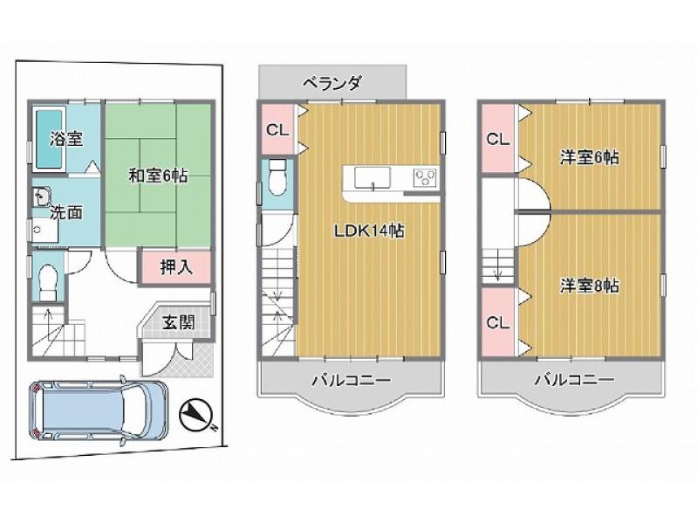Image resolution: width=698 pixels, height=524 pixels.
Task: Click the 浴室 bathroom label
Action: point(66,139)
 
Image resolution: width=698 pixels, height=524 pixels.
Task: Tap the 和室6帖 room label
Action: point(158,176)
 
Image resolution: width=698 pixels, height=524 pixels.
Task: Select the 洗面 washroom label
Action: point(66,212)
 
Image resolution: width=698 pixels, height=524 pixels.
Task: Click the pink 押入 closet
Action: point(176,267)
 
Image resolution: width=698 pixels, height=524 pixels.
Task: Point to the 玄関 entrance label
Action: point(178,322)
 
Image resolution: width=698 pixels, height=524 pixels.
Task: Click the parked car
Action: point(99,410)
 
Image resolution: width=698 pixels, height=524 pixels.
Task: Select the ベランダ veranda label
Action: point(332,83)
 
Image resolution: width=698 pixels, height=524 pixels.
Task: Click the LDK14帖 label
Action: point(369,231)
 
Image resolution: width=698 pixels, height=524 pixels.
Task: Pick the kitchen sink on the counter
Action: point(373,179)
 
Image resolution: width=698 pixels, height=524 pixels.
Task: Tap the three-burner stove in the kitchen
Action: point(426,178)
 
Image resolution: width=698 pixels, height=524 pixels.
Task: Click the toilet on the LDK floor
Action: point(277,177)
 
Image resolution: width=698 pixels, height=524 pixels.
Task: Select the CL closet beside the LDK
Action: point(277,129)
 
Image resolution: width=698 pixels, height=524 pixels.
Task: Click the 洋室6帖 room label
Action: point(589,157)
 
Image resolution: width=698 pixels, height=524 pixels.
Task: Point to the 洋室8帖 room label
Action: point(589,286)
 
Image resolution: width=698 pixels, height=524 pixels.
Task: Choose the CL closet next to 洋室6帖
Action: point(498,139)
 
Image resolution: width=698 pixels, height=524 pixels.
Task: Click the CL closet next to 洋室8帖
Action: point(498,321)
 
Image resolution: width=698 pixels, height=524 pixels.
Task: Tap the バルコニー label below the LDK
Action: point(351,380)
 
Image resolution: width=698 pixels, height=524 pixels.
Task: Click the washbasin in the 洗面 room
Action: point(41,196)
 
